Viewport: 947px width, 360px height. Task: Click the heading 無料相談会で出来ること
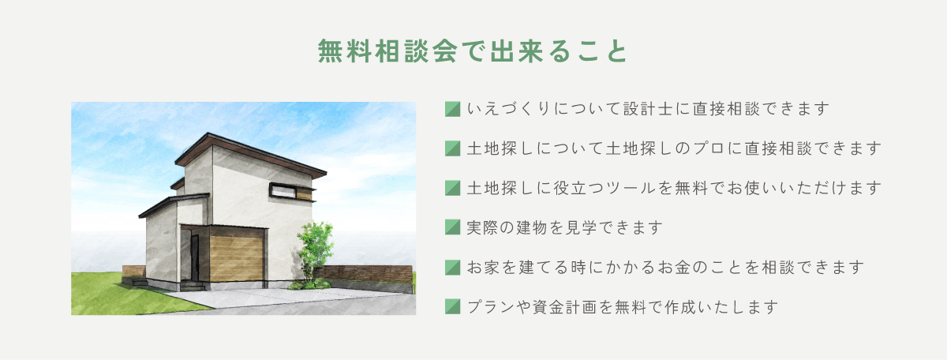point(473,51)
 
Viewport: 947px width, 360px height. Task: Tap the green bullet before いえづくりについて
point(452,109)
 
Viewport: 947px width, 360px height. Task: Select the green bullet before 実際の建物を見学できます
point(452,227)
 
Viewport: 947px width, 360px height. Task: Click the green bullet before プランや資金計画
point(452,306)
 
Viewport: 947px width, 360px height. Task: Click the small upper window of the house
point(283,192)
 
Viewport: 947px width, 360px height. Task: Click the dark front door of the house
point(194,257)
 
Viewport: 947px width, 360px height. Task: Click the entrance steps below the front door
point(193,286)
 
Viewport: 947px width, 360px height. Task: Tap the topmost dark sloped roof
point(250,155)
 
